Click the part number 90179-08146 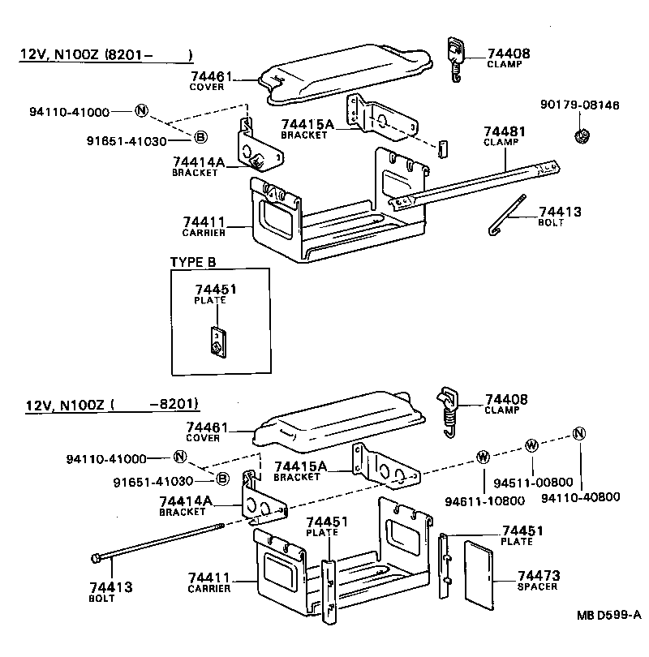(579, 105)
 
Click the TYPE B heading (193, 262)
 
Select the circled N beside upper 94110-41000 (141, 111)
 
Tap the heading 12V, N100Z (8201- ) (106, 55)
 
